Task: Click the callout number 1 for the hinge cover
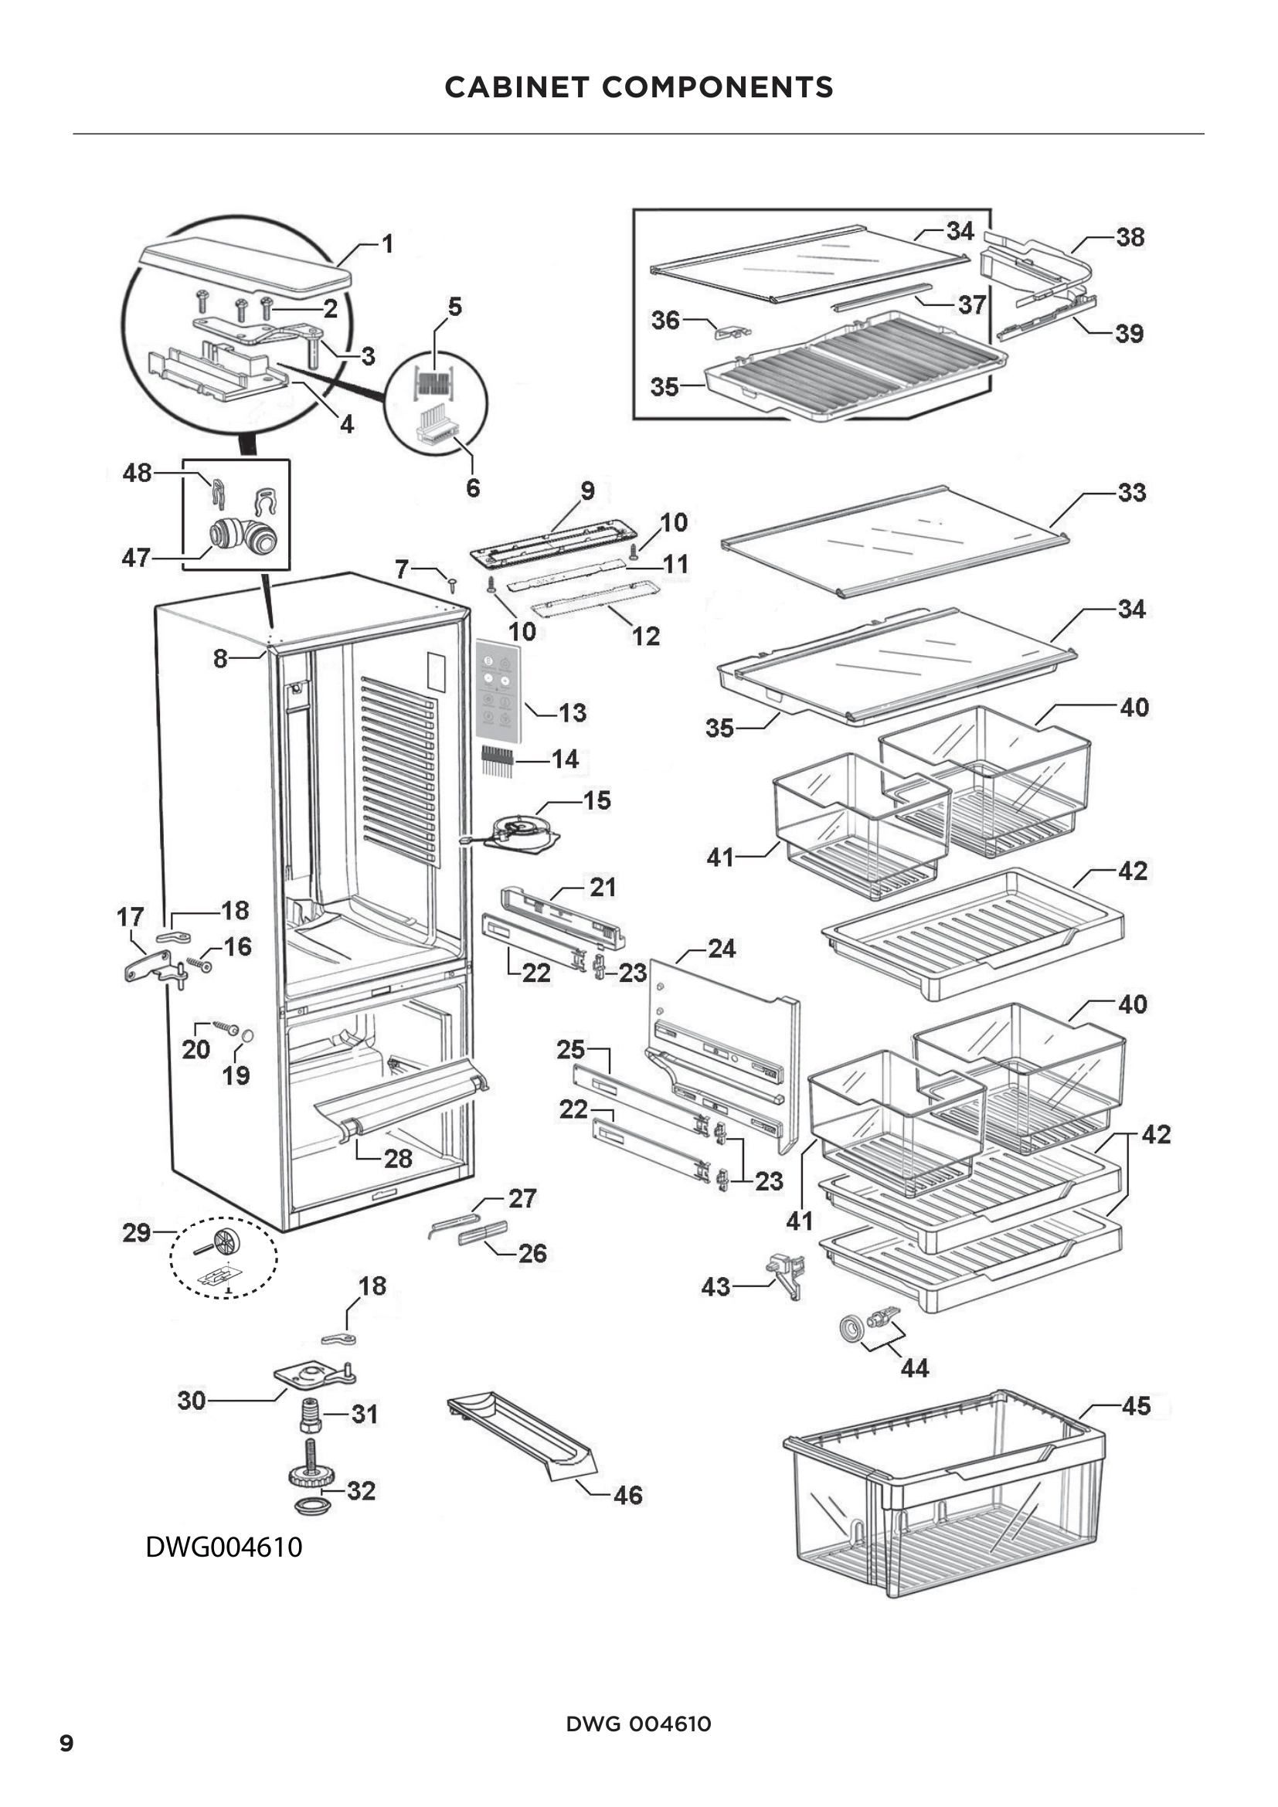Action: click(387, 244)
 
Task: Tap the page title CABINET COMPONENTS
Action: click(638, 87)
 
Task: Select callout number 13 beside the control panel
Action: click(573, 713)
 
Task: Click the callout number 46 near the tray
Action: click(627, 1495)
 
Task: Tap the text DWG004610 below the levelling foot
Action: click(223, 1547)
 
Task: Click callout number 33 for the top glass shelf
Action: click(1131, 493)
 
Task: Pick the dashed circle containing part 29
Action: click(224, 1258)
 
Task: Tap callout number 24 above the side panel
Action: click(721, 949)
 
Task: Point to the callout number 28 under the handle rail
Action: click(398, 1159)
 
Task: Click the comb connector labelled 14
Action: click(498, 760)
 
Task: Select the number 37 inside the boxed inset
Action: click(972, 304)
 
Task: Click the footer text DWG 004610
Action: click(638, 1724)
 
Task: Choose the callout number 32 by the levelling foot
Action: click(361, 1489)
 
